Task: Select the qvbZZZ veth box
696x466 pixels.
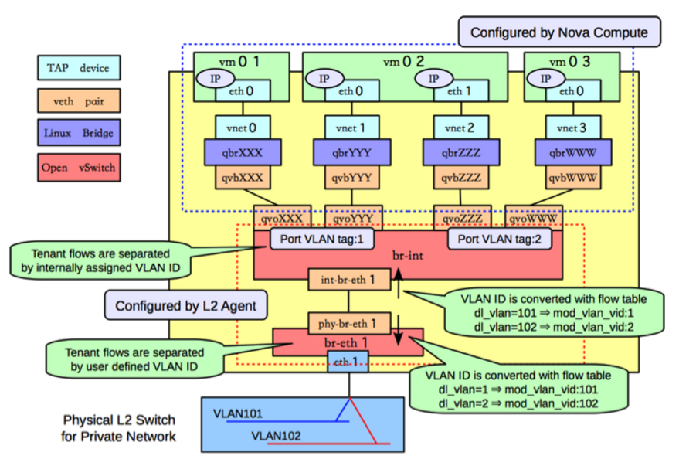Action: pyautogui.click(x=453, y=177)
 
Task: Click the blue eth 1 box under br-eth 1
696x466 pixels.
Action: pyautogui.click(x=341, y=361)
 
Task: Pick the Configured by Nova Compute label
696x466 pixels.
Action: pyautogui.click(x=559, y=32)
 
